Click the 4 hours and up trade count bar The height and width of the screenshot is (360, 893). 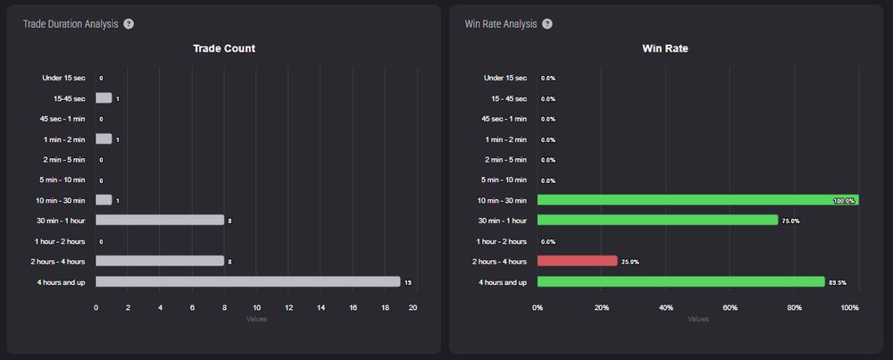(247, 281)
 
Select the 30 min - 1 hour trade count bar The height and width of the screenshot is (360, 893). (159, 220)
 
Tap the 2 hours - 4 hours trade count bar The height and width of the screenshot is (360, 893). (159, 261)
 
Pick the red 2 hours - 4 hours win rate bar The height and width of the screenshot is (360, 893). (577, 261)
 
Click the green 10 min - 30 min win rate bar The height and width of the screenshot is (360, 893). (697, 200)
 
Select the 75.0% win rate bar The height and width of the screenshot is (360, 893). (657, 220)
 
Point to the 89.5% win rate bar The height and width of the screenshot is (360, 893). (680, 281)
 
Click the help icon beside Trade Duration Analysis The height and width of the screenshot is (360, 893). (129, 23)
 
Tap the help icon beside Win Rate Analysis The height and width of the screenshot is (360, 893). (547, 23)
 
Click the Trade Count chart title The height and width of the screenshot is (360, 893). (224, 48)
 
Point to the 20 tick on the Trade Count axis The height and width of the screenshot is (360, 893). (413, 307)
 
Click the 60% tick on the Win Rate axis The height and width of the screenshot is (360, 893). (730, 307)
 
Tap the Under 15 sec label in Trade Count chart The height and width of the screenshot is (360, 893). (63, 78)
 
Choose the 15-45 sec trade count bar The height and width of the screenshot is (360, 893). (104, 98)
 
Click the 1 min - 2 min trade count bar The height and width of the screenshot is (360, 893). (104, 139)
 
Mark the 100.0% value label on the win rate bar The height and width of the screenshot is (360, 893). (843, 201)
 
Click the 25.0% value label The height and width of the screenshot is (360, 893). (630, 262)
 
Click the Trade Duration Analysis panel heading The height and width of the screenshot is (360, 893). (71, 23)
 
